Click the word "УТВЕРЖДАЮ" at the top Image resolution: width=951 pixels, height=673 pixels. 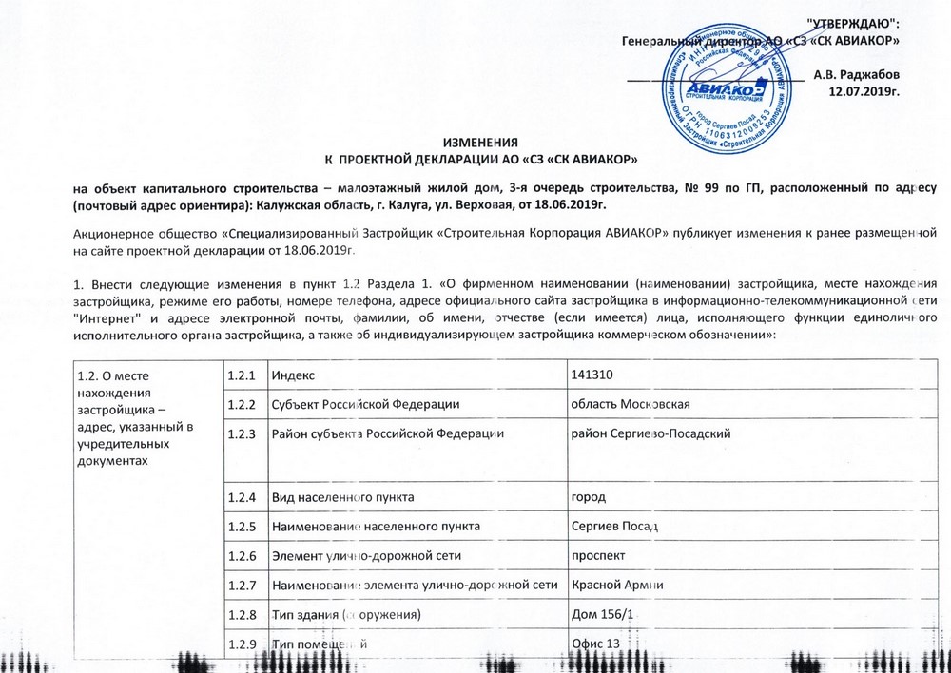click(x=853, y=22)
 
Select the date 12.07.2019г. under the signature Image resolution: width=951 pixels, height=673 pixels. click(x=864, y=92)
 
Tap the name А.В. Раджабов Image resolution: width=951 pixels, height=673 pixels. click(x=858, y=74)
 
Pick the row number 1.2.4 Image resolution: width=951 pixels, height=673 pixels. click(x=242, y=497)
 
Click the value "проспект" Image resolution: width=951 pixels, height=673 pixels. click(x=596, y=556)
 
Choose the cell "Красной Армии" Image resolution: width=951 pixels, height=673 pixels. click(x=617, y=585)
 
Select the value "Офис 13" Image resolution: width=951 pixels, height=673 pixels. click(x=594, y=644)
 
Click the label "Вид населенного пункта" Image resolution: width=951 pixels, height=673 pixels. click(x=342, y=497)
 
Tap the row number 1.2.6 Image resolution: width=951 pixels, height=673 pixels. click(x=242, y=556)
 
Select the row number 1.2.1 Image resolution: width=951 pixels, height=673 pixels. click(x=242, y=375)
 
